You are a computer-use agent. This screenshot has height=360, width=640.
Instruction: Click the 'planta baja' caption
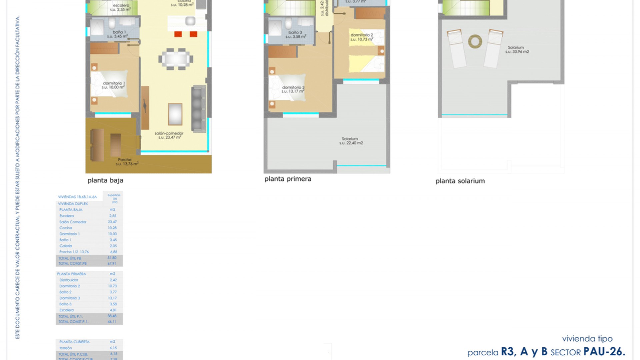[105, 180]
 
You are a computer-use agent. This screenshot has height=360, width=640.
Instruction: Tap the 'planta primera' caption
[288, 179]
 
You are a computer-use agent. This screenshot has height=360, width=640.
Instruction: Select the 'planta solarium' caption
[460, 181]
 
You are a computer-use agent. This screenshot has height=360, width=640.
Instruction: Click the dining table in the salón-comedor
[176, 59]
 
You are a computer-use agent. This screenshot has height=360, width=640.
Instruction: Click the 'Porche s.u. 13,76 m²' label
[127, 162]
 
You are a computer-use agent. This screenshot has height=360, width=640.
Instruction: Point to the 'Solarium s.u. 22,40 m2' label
[351, 141]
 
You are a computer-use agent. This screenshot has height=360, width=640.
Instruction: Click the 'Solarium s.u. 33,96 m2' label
[517, 50]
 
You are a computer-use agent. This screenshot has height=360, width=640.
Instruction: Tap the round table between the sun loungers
[475, 42]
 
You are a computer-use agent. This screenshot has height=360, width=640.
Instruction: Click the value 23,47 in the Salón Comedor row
[112, 222]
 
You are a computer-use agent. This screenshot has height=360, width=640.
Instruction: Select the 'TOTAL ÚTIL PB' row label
[70, 258]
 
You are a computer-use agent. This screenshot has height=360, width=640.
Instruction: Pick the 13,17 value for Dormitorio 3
[113, 298]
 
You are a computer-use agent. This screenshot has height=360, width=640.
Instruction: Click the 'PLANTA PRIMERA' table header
[72, 274]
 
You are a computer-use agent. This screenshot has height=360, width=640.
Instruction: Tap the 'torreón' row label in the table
[66, 348]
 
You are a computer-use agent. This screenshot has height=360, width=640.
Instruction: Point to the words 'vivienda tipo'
[587, 339]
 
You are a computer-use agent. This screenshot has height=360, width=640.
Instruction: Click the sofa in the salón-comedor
[198, 109]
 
